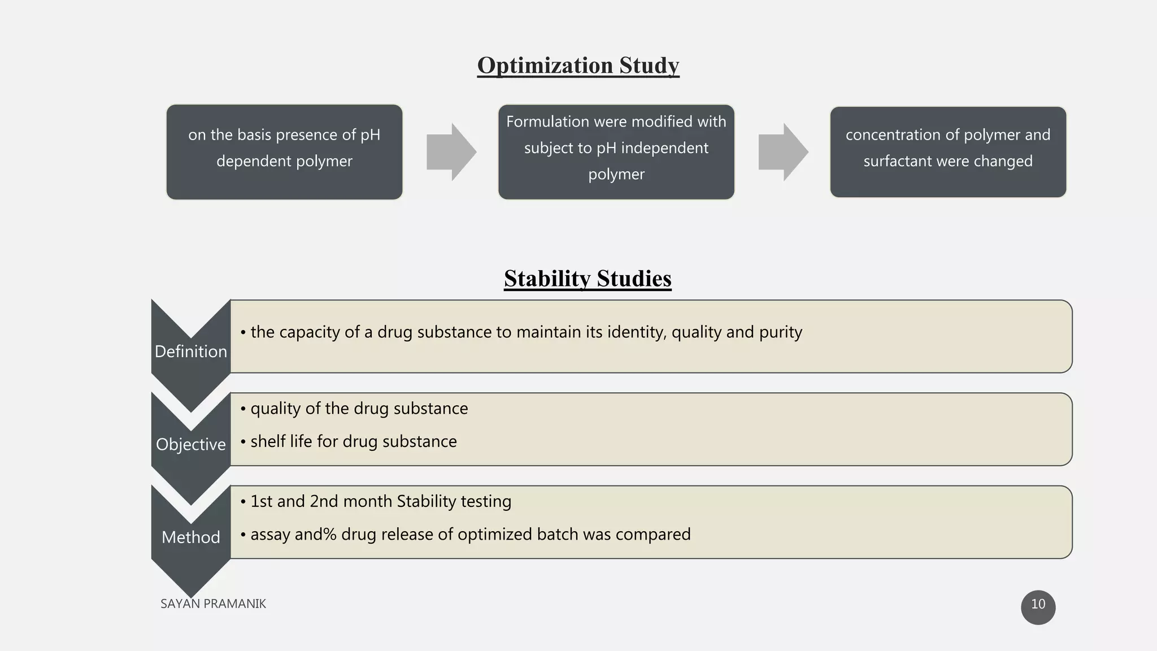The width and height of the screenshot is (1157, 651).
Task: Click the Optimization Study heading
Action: pyautogui.click(x=578, y=66)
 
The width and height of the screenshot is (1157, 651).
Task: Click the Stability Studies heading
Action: pyautogui.click(x=588, y=279)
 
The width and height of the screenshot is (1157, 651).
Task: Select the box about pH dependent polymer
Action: pyautogui.click(x=284, y=151)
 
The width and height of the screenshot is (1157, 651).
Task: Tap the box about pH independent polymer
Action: pyautogui.click(x=616, y=151)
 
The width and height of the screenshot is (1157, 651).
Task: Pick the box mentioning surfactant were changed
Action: pyautogui.click(x=947, y=151)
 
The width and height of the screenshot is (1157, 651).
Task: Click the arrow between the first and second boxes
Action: pyautogui.click(x=451, y=152)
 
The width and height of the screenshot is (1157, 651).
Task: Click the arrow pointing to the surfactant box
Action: pyautogui.click(x=782, y=152)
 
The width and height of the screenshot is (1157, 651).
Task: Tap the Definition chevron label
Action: pyautogui.click(x=191, y=351)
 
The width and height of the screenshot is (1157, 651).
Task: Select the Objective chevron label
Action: pyautogui.click(x=191, y=444)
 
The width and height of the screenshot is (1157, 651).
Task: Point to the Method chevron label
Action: pyautogui.click(x=191, y=537)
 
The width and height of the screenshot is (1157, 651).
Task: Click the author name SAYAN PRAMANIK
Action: pyautogui.click(x=213, y=604)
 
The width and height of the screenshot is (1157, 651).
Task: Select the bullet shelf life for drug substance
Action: pyautogui.click(x=353, y=441)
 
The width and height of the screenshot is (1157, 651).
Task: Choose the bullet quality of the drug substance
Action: pyautogui.click(x=359, y=409)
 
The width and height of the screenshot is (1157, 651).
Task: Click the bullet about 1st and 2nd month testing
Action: pyautogui.click(x=380, y=501)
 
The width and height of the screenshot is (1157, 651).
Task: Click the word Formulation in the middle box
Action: pyautogui.click(x=547, y=121)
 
